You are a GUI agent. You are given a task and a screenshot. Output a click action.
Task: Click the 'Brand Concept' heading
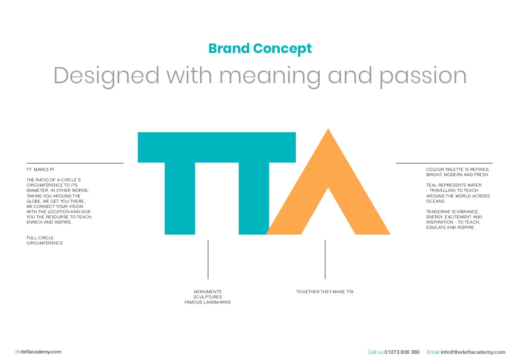coord(260,49)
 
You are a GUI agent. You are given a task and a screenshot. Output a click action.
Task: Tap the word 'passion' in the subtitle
coord(423,76)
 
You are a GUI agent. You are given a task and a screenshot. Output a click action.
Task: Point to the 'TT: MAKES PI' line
coord(40,169)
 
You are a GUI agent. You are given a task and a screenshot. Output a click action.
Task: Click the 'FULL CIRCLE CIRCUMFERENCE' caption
coord(45,241)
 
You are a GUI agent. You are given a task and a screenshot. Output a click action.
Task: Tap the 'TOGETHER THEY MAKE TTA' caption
coord(325,292)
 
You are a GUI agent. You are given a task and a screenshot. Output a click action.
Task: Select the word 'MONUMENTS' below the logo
coord(208,292)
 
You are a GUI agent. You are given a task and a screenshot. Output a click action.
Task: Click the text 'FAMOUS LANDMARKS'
coord(208,302)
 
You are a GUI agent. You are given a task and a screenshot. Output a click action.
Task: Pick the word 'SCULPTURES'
coord(208,297)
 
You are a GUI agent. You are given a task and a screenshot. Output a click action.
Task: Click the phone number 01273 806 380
coord(402,352)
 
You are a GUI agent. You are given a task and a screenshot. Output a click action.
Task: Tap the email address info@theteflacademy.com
coord(473,352)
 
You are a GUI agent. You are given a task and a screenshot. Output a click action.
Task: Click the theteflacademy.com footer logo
coord(38,352)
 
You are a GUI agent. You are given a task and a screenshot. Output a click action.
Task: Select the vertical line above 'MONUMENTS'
coord(208,259)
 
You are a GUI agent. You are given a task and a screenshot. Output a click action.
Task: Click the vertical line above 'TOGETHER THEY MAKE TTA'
coord(325,259)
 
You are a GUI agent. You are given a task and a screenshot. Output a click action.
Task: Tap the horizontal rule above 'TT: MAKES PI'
coord(75,163)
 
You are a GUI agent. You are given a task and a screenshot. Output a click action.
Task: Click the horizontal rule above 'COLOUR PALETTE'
coord(444,163)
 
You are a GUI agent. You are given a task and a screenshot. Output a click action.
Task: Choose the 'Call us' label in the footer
coord(375,352)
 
